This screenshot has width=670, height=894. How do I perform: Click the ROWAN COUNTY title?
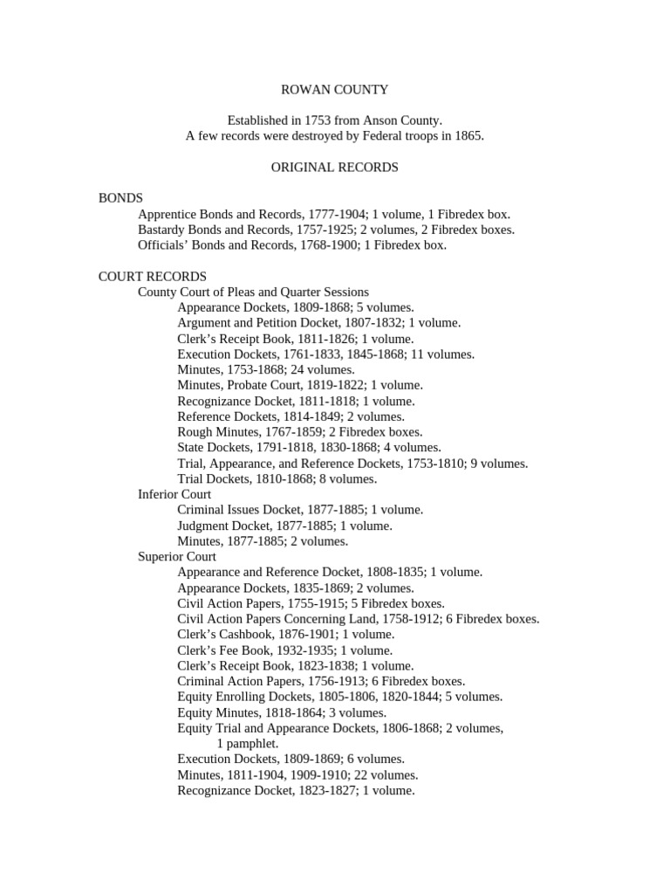tap(334, 89)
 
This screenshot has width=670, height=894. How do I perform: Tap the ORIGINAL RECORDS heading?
tap(334, 167)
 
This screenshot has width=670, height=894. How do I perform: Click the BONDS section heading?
tap(120, 198)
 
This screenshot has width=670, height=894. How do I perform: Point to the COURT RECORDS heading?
tap(153, 276)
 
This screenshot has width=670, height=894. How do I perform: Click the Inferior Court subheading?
tap(174, 494)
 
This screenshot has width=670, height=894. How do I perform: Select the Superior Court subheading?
tap(177, 556)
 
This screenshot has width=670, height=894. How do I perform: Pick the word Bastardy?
tap(161, 230)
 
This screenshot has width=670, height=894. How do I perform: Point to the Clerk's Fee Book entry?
tap(284, 650)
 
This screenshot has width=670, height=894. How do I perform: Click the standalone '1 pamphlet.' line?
tap(248, 744)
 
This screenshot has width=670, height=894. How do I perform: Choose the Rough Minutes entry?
tap(299, 432)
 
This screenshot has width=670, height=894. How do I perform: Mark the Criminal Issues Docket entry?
tap(299, 510)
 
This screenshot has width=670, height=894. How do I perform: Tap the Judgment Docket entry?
tap(284, 526)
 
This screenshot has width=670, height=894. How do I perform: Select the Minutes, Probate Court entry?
tap(299, 385)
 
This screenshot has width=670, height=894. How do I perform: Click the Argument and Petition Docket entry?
tap(318, 323)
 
